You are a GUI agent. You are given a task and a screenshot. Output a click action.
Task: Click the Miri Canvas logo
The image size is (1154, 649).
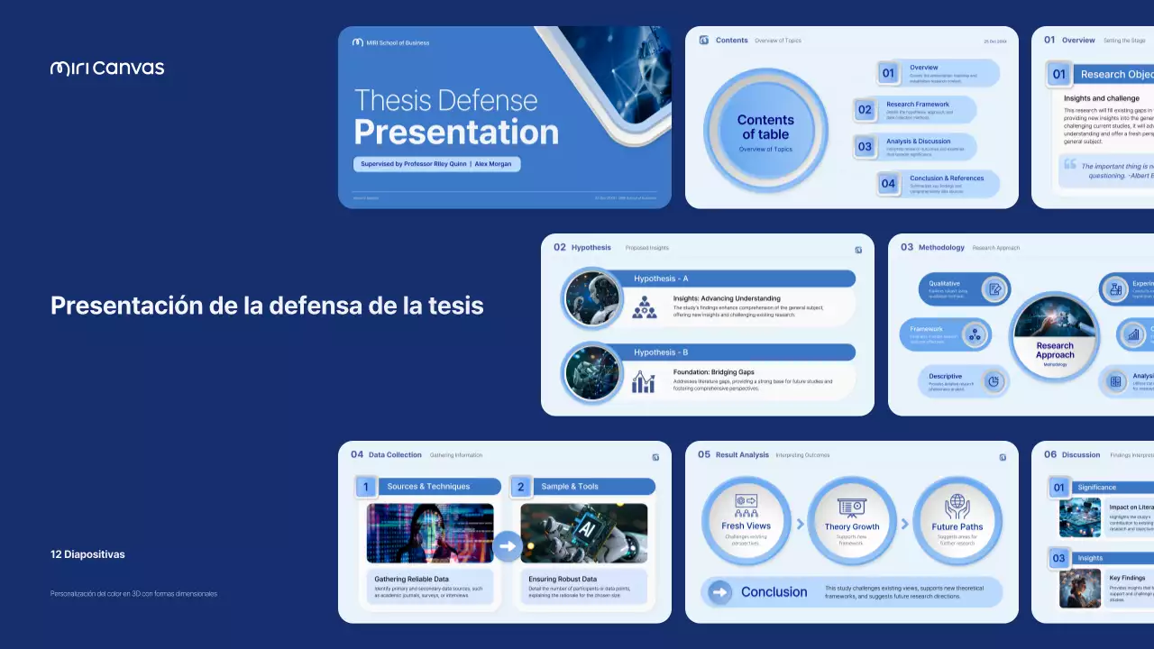107,68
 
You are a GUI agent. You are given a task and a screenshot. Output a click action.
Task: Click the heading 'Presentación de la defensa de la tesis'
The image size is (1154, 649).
267,306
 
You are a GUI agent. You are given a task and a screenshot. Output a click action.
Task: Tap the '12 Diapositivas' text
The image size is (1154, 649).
87,554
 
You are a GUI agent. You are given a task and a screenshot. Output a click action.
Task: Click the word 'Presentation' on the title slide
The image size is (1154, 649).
456,133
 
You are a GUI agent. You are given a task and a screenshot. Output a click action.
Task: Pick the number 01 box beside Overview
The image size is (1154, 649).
888,73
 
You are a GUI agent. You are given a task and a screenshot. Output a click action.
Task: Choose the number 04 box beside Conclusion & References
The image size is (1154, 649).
888,184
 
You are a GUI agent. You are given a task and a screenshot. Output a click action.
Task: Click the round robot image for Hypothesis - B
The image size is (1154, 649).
593,372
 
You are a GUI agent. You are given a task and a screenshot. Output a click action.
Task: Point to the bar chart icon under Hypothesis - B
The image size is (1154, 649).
644,382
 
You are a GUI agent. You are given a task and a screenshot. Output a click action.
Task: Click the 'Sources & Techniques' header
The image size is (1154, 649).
428,487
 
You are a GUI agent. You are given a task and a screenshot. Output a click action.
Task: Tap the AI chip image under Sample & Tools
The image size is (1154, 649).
583,533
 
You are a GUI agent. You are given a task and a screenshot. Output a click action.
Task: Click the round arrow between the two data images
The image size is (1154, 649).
508,545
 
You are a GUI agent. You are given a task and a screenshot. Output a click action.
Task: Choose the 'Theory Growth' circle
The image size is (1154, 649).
852,521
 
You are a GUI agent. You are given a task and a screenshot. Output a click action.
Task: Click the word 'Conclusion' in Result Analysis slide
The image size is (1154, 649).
774,592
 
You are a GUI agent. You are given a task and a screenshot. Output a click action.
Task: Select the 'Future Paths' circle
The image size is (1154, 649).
957,521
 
